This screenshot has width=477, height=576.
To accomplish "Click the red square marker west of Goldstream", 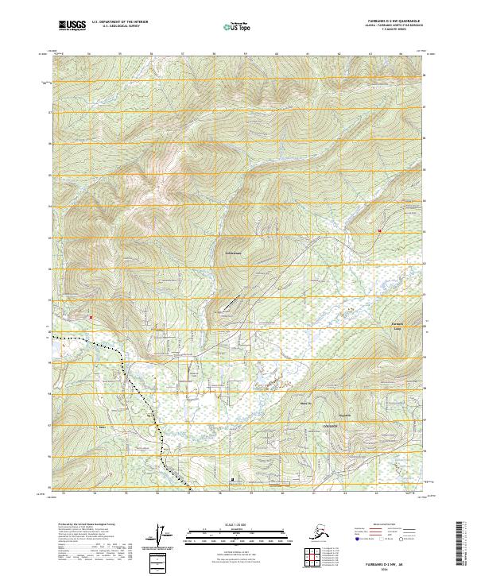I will pos(91,317).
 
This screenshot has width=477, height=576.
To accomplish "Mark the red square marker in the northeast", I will pos(380,231).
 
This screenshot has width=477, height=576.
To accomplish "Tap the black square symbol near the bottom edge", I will pos(232,480).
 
